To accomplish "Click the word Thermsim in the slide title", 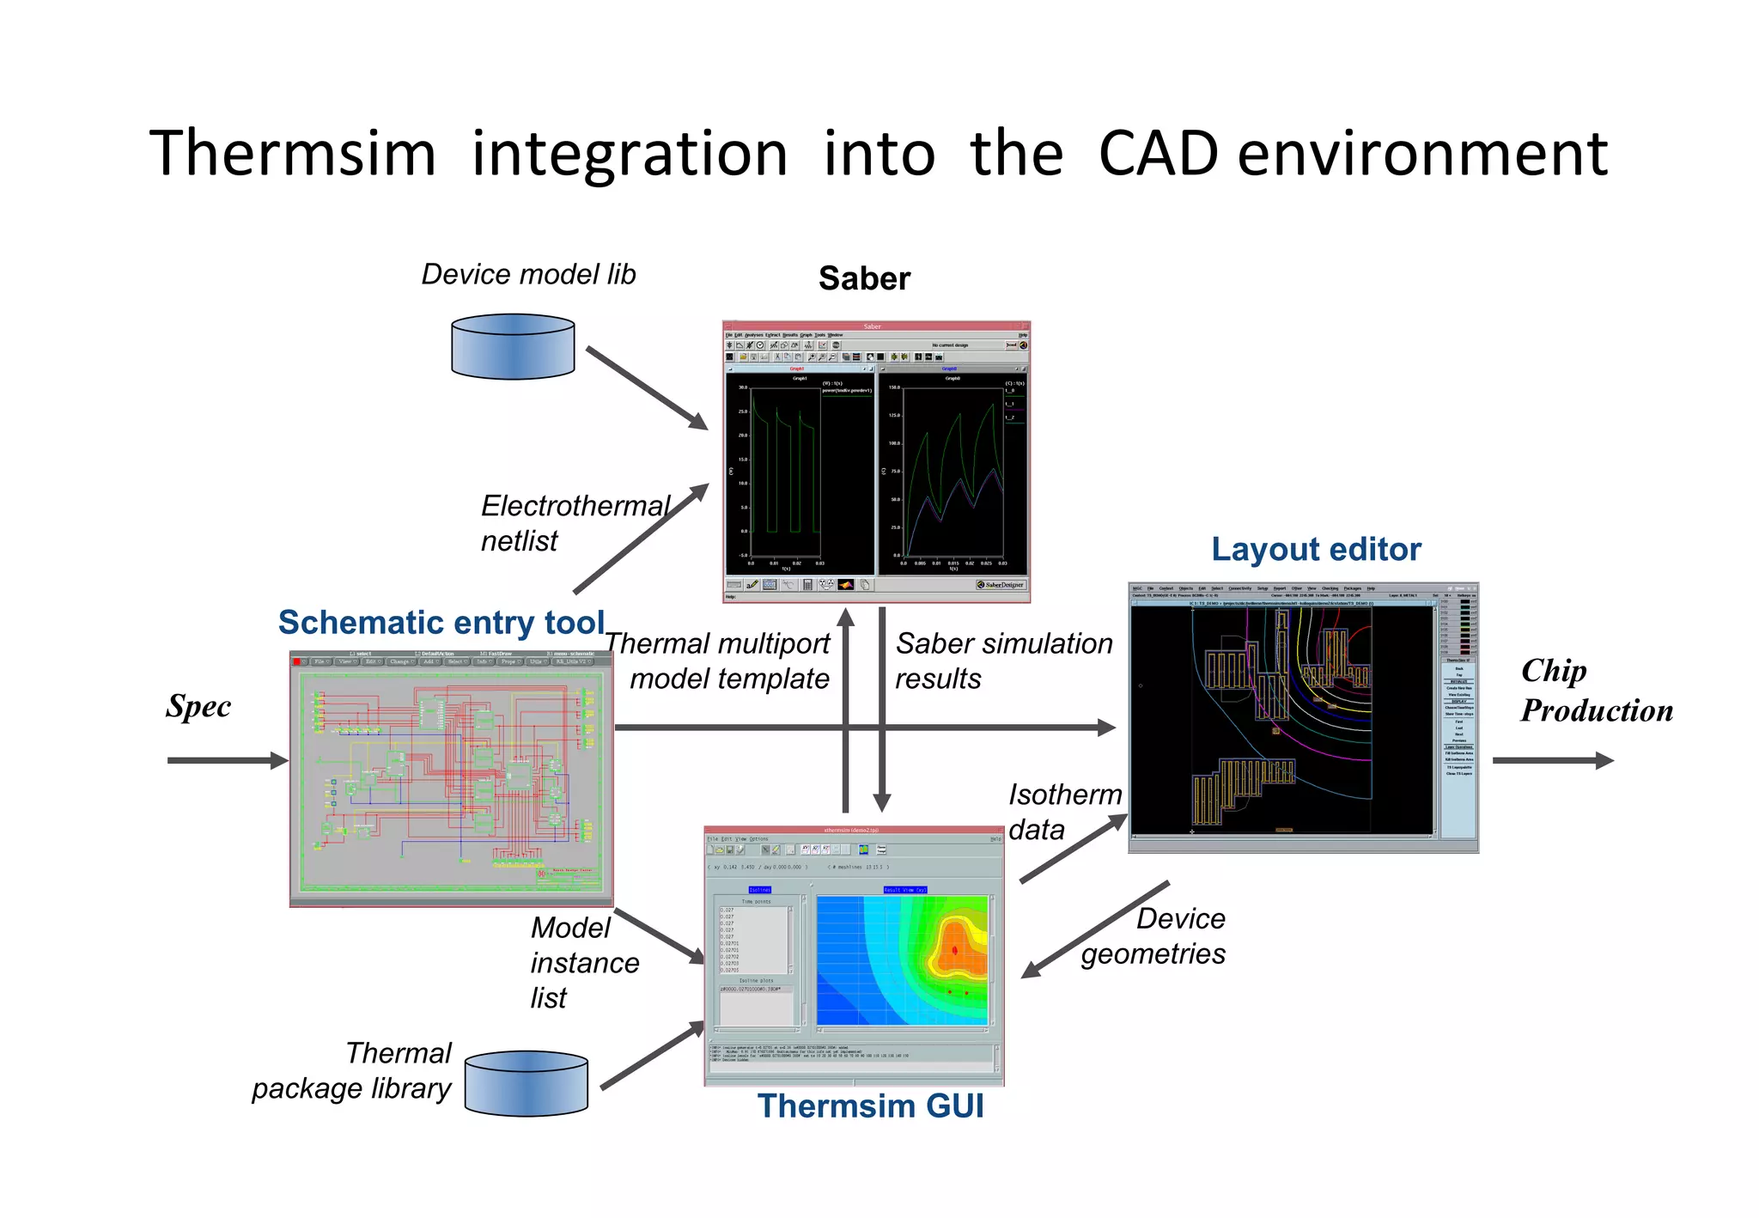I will click(x=293, y=154).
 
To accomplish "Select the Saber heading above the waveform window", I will click(x=863, y=278).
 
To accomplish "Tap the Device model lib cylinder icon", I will click(x=513, y=346).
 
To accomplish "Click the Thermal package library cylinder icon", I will click(x=526, y=1083).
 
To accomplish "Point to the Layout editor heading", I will click(x=1316, y=550).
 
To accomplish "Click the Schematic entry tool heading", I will click(x=441, y=623).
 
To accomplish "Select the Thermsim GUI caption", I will click(x=870, y=1106).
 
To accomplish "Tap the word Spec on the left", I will click(x=198, y=706).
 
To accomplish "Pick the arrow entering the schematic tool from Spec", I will click(x=228, y=760).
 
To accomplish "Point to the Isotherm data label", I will click(x=1063, y=812).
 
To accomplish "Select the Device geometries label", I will click(x=1153, y=936).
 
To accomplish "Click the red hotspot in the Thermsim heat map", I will click(x=955, y=950).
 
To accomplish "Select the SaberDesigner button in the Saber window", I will click(x=1001, y=585).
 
